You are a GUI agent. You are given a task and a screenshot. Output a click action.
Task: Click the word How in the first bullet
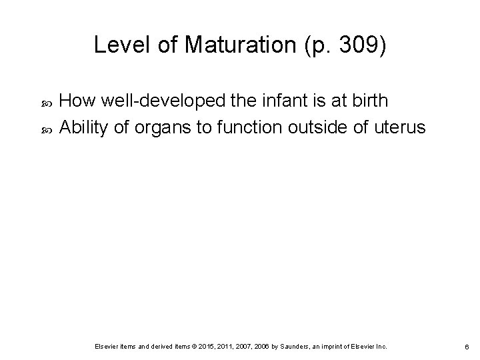pos(74,101)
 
